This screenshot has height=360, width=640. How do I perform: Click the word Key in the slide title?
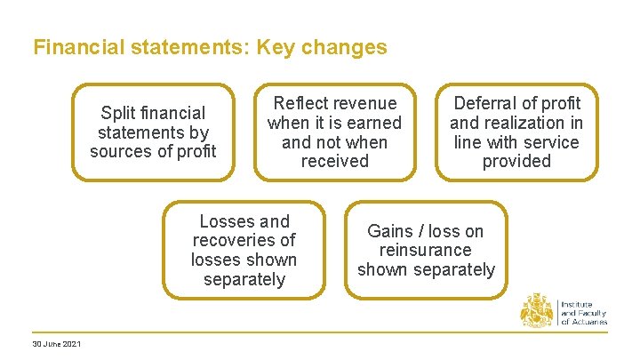pyautogui.click(x=277, y=47)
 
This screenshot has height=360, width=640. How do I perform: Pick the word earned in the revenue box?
pyautogui.click(x=372, y=123)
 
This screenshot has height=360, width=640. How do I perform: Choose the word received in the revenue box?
pyautogui.click(x=334, y=161)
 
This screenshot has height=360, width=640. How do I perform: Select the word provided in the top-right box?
pyautogui.click(x=516, y=161)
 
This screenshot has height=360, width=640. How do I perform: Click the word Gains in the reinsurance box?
pyautogui.click(x=390, y=231)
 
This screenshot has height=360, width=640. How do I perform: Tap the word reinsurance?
pyautogui.click(x=426, y=250)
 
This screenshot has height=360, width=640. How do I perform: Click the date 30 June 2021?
pyautogui.click(x=56, y=344)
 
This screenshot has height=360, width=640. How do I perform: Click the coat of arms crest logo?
pyautogui.click(x=537, y=310)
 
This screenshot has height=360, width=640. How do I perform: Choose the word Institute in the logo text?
pyautogui.click(x=579, y=305)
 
